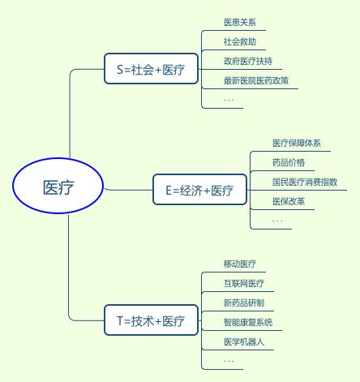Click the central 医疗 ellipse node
coord(58,186)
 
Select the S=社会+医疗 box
coord(151,69)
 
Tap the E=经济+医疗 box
coord(199,190)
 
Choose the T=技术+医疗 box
coord(151,320)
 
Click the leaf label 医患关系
coord(240,22)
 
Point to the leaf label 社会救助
coord(240,41)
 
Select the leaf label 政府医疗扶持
coord(248,61)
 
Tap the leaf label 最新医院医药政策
coord(256,80)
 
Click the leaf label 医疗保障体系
coord(297,143)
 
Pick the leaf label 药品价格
coord(289,162)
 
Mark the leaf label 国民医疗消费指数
coord(305,182)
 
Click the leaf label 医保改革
coord(289,201)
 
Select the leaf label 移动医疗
coord(240,264)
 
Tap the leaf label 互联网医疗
coord(244,283)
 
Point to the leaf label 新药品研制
coord(244,303)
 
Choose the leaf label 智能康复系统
coord(248,322)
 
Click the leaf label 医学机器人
coord(244,341)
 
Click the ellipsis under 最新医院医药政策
coord(229,101)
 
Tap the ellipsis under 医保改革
coord(277,221)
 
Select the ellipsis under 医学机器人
coord(229,361)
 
